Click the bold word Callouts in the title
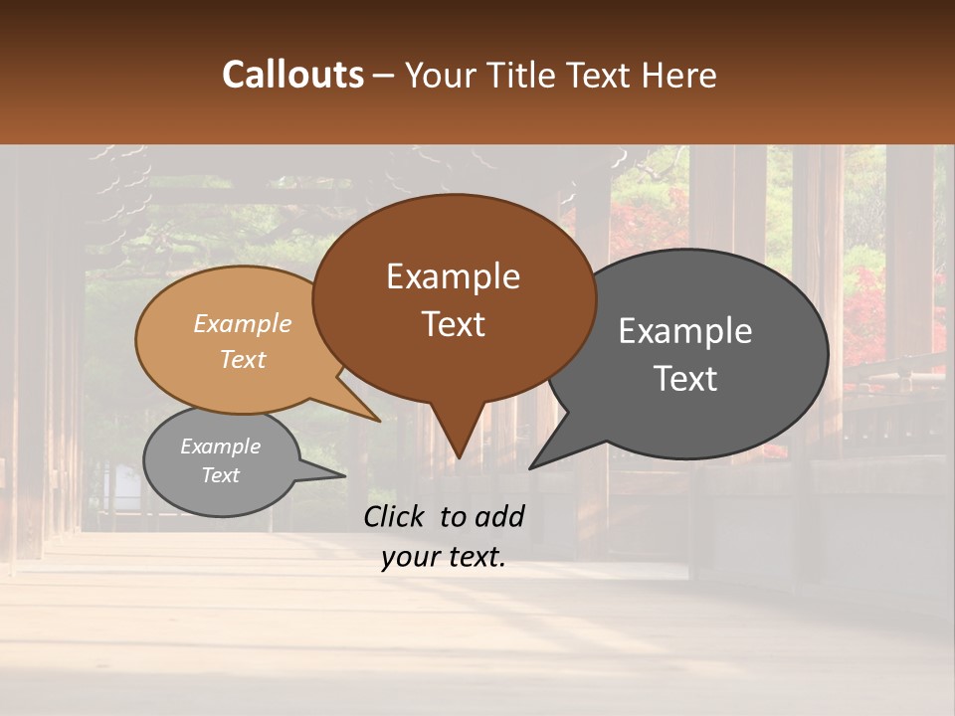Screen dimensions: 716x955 coord(292,75)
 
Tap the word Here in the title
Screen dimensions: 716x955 coord(679,75)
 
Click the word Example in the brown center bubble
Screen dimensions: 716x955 coord(453,276)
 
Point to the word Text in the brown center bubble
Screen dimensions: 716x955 coord(453,324)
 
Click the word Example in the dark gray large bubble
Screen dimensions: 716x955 coord(685,331)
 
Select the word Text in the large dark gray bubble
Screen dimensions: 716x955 coord(685,379)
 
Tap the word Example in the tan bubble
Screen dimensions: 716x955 coord(243,324)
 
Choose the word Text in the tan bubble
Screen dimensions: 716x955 coord(243,359)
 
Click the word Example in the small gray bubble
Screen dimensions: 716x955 coord(220,447)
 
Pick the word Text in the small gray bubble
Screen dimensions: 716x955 coord(220,475)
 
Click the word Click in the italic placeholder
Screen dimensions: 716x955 coord(396,516)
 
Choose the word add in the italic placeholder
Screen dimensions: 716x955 coord(500,516)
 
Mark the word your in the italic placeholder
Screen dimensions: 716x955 coord(409,557)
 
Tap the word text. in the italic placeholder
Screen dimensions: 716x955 coord(474,557)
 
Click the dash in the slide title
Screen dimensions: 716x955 coord(384,76)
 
